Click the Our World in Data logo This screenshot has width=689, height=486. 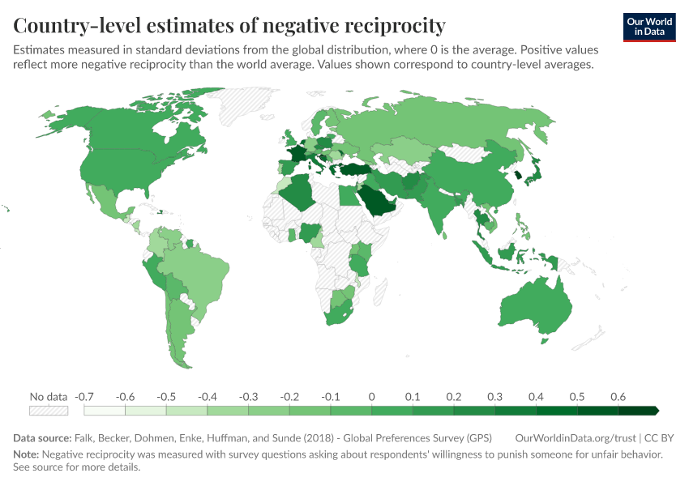(x=648, y=27)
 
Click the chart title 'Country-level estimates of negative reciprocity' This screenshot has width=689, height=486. (x=229, y=25)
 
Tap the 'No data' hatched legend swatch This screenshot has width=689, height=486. (x=48, y=411)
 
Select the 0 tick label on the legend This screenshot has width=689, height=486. (x=371, y=396)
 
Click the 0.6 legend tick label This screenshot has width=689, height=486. (x=618, y=396)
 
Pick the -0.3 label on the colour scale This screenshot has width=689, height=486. (x=248, y=396)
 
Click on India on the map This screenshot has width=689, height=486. (x=443, y=207)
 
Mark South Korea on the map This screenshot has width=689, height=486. (x=516, y=175)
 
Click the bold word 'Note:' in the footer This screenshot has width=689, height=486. (x=27, y=454)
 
